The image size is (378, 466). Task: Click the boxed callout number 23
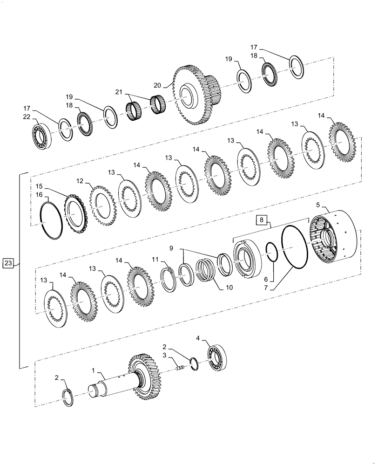(x=9, y=264)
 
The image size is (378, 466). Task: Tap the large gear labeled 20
(x=193, y=96)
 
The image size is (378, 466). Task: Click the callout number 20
(x=157, y=85)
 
